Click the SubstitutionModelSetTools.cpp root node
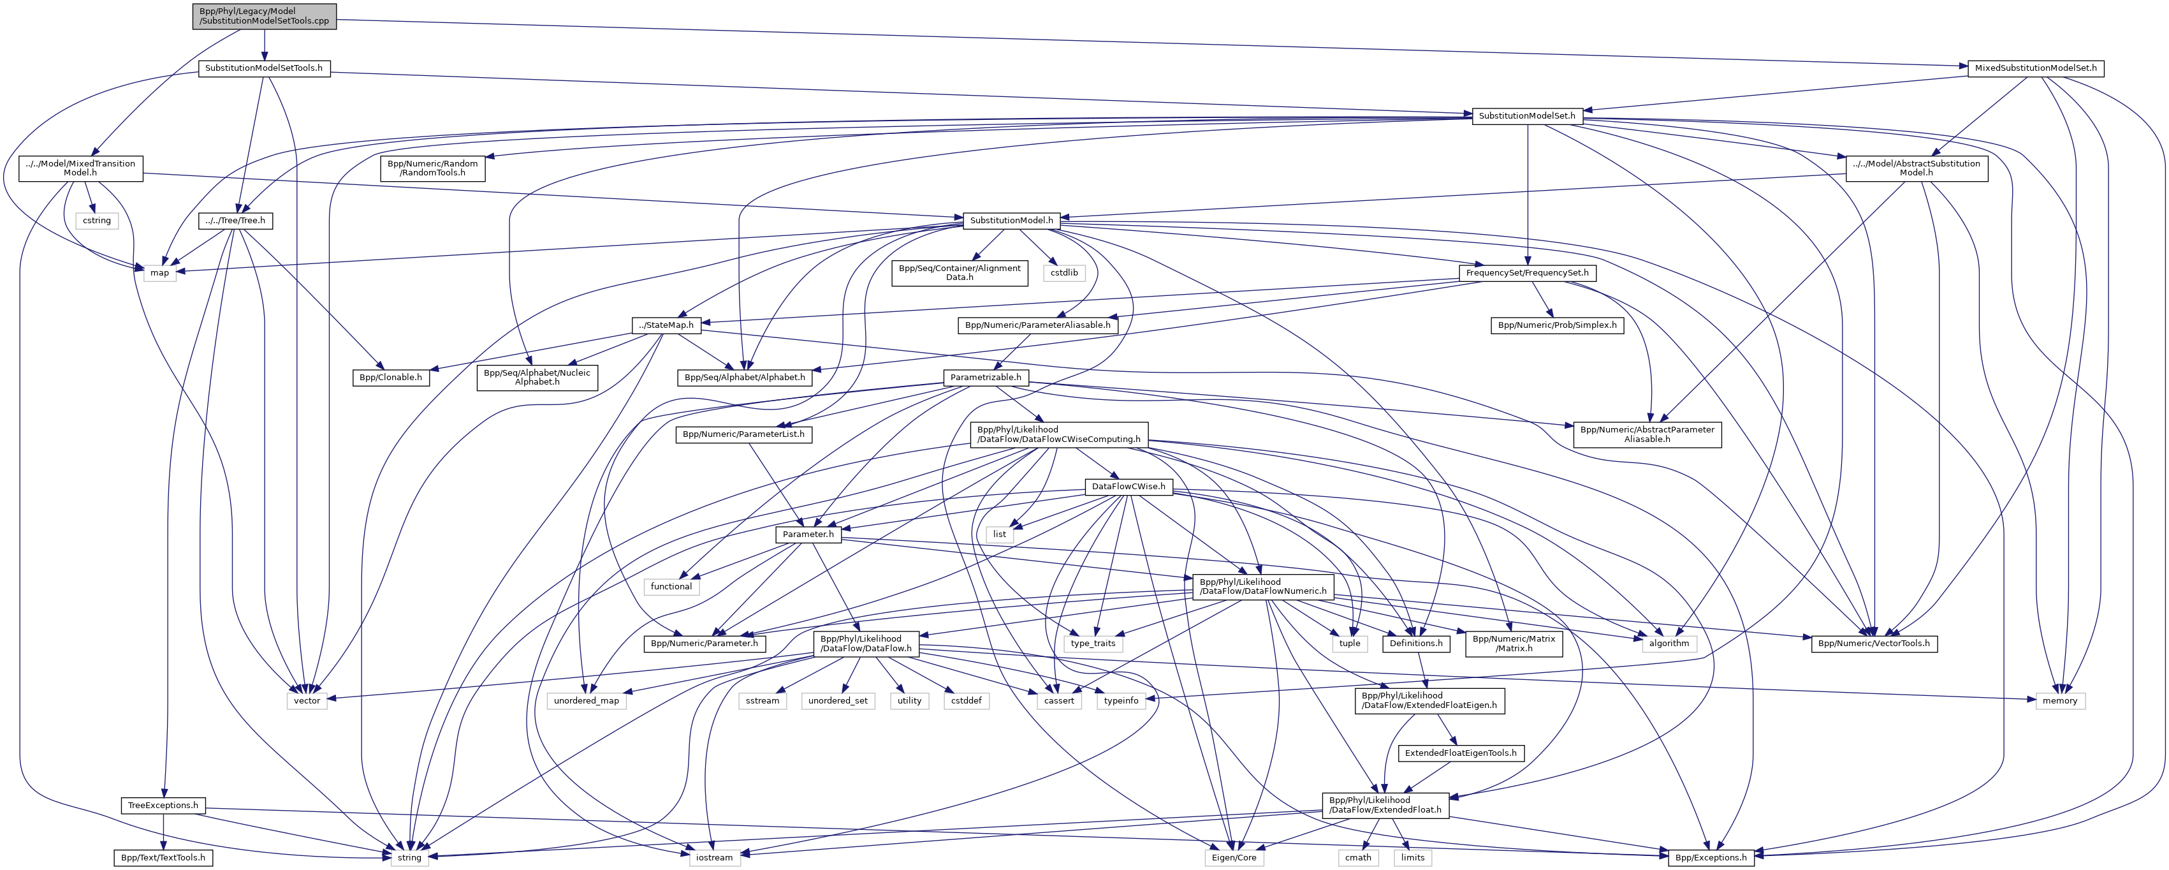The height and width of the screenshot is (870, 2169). tap(265, 15)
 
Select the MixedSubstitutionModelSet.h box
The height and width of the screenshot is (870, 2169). tap(2034, 68)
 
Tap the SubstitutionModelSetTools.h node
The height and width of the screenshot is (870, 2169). tap(265, 68)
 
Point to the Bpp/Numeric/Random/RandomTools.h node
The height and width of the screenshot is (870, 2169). tap(434, 168)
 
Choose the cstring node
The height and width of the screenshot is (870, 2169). tap(96, 221)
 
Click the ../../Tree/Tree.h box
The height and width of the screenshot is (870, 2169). tap(236, 221)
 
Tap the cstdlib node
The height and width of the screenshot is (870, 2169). tap(1063, 273)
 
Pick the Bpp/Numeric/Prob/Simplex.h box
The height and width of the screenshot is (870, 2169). tap(1558, 325)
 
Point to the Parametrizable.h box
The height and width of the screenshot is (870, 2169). tap(985, 378)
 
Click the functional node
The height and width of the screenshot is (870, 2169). tap(671, 586)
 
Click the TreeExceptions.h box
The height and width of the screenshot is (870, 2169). tap(163, 805)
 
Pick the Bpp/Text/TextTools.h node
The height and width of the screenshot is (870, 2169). tap(163, 857)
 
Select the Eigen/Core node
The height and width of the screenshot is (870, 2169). tap(1234, 857)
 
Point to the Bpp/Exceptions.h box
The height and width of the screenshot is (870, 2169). tap(1712, 857)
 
